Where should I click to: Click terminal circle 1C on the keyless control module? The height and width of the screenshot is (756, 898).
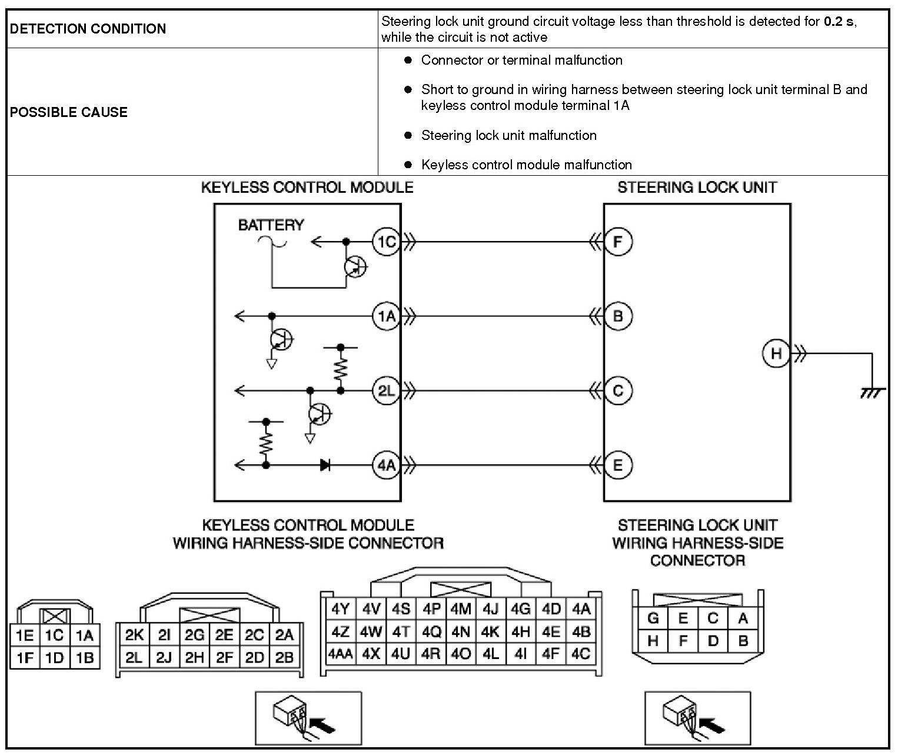386,242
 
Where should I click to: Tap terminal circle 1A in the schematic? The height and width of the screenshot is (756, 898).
386,316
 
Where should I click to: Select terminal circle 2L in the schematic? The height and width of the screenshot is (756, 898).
386,391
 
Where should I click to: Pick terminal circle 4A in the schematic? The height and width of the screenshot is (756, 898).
386,466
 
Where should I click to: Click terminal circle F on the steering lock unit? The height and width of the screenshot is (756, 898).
618,242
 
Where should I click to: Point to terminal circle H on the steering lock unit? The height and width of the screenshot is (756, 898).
776,353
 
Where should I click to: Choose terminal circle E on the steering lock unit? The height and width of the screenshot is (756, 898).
618,466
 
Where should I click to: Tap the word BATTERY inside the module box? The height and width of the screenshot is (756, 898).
271,225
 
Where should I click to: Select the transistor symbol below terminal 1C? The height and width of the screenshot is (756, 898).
355,267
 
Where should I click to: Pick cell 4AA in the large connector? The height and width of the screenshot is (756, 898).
340,654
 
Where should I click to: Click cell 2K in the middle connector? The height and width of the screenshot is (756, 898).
134,635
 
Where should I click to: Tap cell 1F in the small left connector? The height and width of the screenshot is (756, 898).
25,658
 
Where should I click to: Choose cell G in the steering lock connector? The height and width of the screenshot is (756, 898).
653,618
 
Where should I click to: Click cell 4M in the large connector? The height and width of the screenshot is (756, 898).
461,609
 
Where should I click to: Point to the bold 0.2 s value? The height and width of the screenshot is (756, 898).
839,22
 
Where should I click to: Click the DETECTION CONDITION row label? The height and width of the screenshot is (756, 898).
88,29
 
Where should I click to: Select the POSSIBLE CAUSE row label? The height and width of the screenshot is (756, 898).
69,112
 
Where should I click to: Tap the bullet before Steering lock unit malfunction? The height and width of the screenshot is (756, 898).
408,135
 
